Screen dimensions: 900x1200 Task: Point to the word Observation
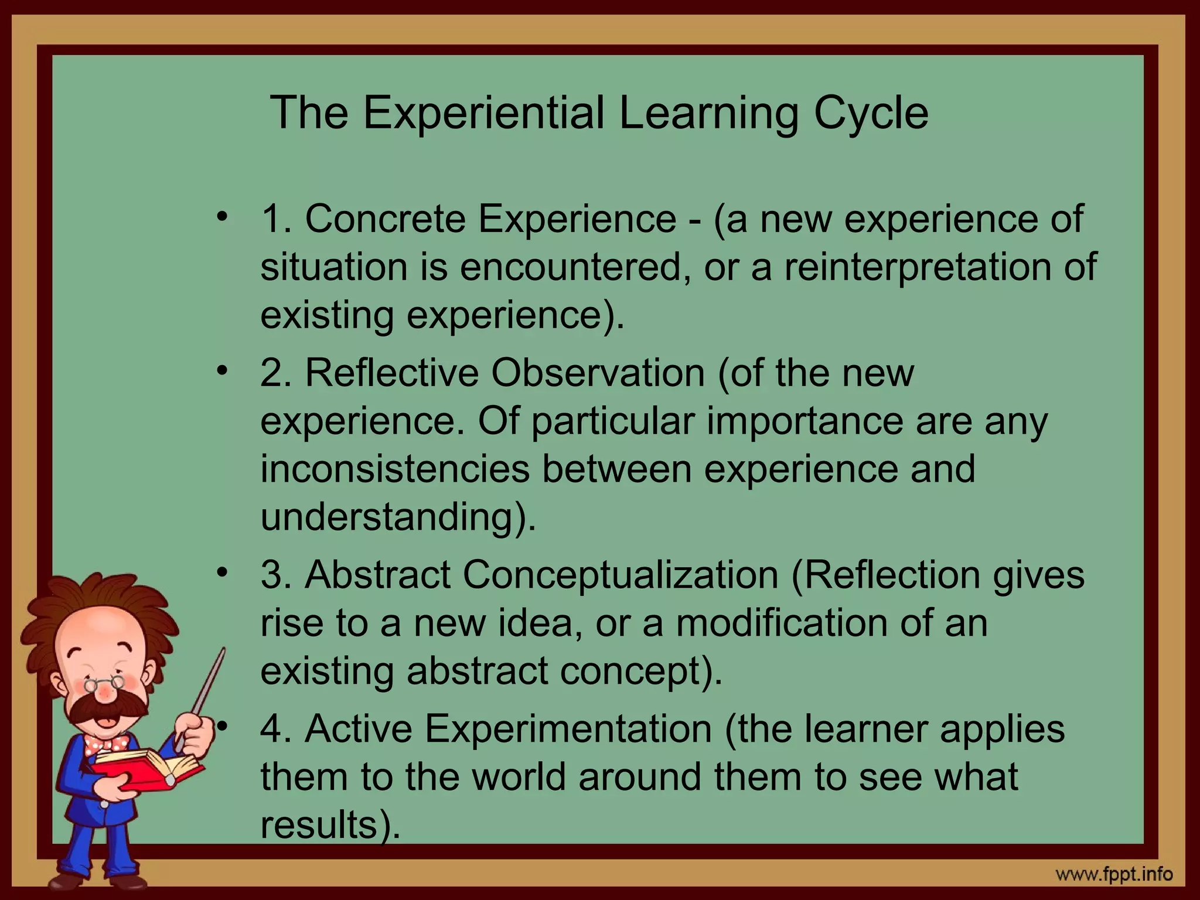point(598,373)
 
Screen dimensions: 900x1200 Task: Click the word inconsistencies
point(394,469)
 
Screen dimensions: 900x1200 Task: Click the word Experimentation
point(567,729)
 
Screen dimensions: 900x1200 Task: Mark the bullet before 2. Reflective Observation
point(221,371)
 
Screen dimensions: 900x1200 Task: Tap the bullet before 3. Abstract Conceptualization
point(221,573)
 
